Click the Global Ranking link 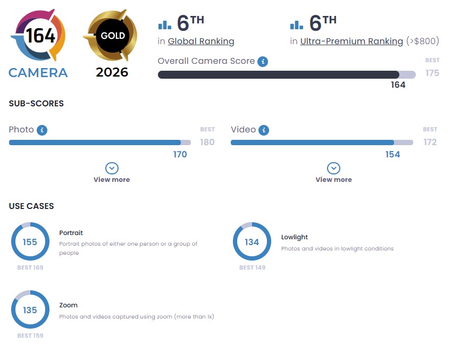click(200, 41)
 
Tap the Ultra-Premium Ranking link click(351, 41)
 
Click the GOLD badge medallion click(112, 36)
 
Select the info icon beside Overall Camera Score click(263, 61)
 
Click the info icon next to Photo click(42, 130)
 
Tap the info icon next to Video click(264, 130)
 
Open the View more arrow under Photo click(112, 169)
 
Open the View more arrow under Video click(333, 169)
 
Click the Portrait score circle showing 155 click(30, 242)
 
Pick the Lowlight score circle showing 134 click(252, 242)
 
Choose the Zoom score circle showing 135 click(30, 309)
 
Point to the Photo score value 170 click(180, 154)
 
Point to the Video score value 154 click(392, 154)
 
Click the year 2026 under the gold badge click(112, 72)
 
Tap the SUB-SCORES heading click(36, 104)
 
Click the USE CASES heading click(31, 206)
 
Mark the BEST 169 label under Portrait click(30, 267)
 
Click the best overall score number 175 click(432, 73)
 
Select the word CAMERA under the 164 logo click(38, 72)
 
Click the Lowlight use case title click(295, 237)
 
